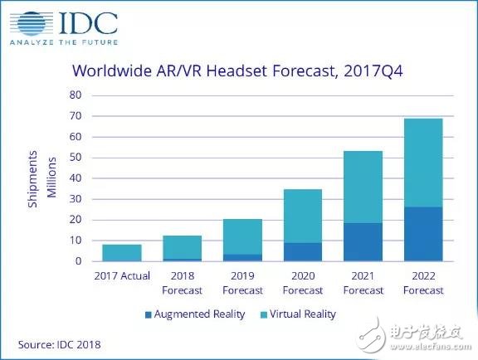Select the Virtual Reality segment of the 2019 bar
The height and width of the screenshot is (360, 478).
pyautogui.click(x=243, y=236)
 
